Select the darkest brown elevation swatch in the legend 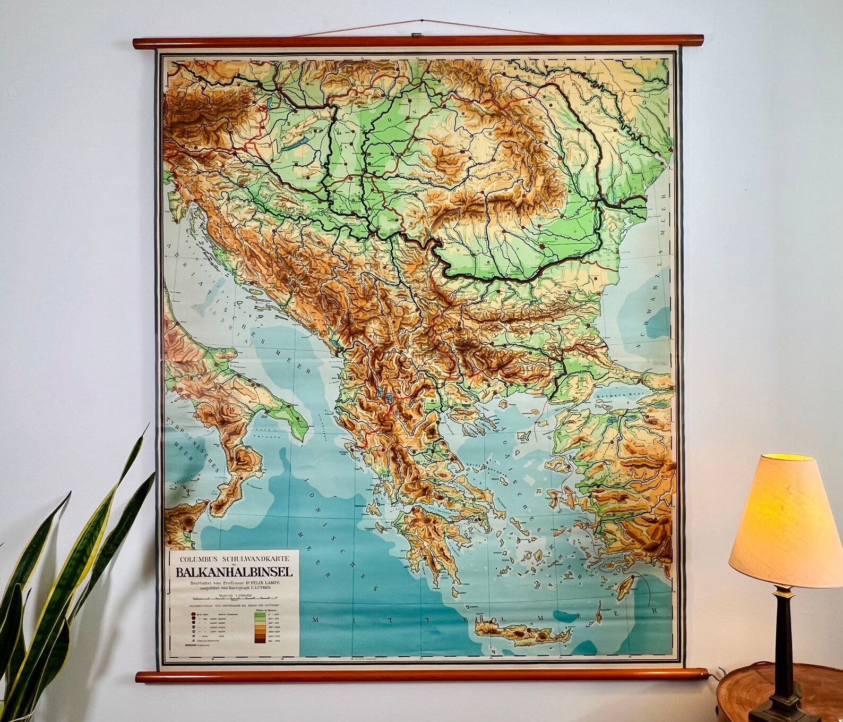point(260,641)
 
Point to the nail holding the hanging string point(420,21)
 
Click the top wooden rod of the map point(419,42)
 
